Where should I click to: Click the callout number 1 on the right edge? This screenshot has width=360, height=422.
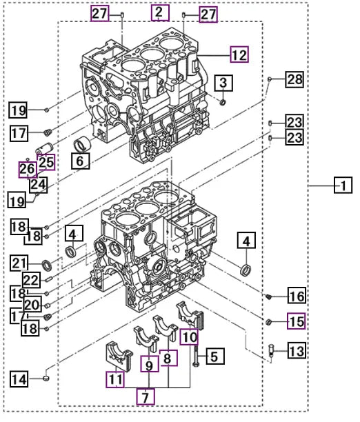[x=342, y=185]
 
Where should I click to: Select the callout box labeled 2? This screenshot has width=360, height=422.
[x=159, y=12]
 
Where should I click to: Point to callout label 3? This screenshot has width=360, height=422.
[x=222, y=83]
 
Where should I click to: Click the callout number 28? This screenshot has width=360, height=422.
[x=294, y=81]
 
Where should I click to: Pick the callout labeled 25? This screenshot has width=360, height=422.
[x=46, y=163]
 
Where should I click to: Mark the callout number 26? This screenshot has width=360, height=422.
[x=27, y=169]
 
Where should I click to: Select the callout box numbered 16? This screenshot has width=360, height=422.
[x=295, y=297]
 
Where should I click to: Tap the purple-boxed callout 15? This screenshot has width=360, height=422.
[x=296, y=321]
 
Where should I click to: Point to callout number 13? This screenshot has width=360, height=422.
[x=295, y=352]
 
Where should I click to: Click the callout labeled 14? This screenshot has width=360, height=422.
[x=20, y=378]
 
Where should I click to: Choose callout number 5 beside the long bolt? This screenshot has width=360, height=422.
[x=213, y=356]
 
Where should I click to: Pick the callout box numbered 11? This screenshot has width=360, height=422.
[x=115, y=379]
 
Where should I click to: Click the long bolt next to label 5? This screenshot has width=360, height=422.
[x=197, y=348]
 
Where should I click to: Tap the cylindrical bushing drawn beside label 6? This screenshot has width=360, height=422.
[x=83, y=145]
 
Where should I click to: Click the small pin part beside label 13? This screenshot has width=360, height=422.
[x=271, y=350]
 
